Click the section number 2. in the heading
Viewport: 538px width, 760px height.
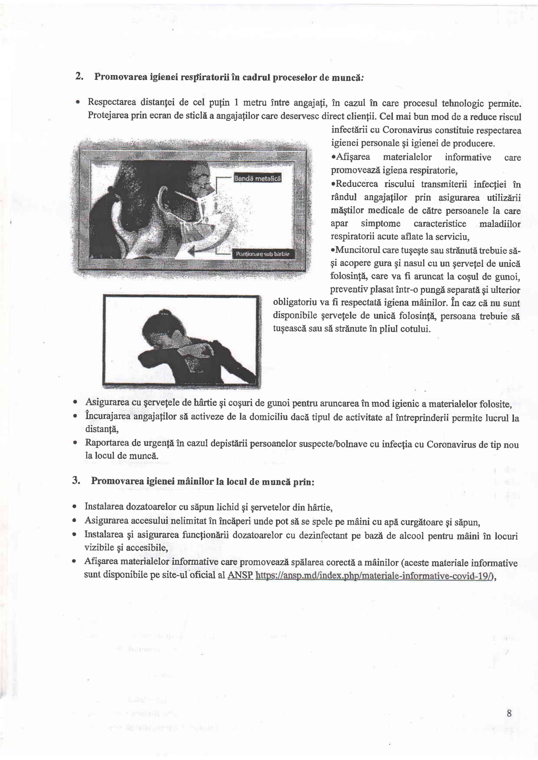tap(79, 76)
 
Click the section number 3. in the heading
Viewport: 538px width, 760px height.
tap(76, 480)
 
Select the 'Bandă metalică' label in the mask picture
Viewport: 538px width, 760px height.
tap(257, 178)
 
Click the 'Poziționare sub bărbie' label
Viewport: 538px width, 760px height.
tap(262, 254)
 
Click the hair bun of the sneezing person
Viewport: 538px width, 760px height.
tap(163, 312)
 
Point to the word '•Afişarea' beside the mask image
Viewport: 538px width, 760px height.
tap(351, 157)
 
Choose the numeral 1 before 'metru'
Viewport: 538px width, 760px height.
tap(236, 103)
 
